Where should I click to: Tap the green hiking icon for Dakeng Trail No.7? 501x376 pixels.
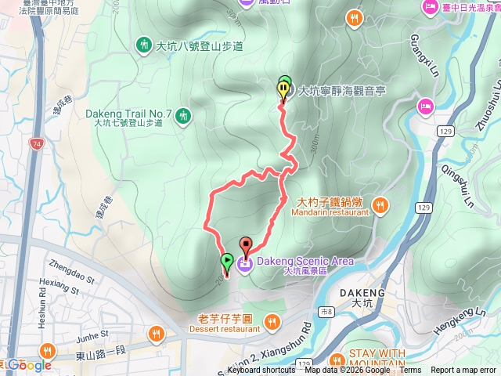[184, 117]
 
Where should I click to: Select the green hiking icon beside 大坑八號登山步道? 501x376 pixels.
[144, 45]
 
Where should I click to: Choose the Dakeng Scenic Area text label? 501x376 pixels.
[305, 261]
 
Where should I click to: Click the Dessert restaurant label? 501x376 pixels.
[224, 329]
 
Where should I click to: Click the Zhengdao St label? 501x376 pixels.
[70, 267]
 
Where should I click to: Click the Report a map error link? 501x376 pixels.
[463, 371]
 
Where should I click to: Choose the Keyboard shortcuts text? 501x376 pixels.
[261, 371]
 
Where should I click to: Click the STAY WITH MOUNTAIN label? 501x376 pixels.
[377, 357]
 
